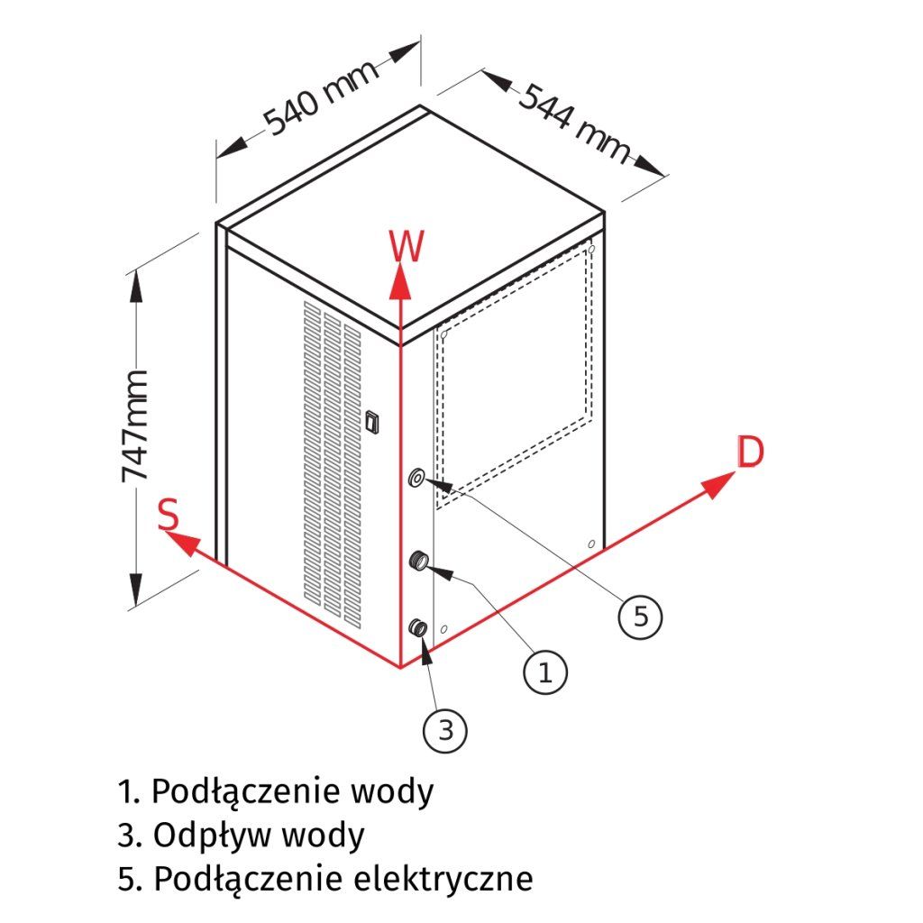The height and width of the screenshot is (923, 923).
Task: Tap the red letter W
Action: [407, 246]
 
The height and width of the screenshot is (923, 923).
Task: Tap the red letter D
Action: [750, 452]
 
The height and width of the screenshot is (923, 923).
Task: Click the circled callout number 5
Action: [640, 617]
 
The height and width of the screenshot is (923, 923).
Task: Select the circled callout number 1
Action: [544, 672]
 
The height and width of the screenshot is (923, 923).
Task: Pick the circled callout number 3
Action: [445, 731]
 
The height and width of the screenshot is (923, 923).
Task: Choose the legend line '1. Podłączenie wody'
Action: [276, 792]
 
